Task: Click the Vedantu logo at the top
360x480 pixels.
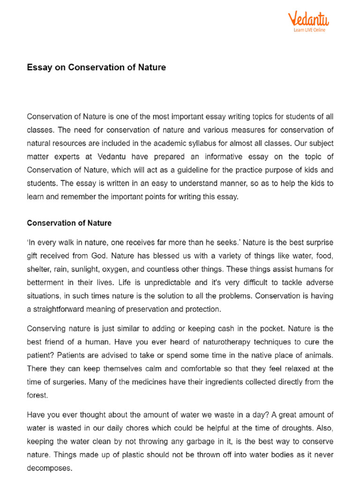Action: click(x=308, y=19)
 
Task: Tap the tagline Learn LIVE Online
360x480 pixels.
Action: click(x=309, y=30)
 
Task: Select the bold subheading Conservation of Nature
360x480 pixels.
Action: click(x=69, y=223)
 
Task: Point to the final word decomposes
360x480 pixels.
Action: click(x=49, y=468)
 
